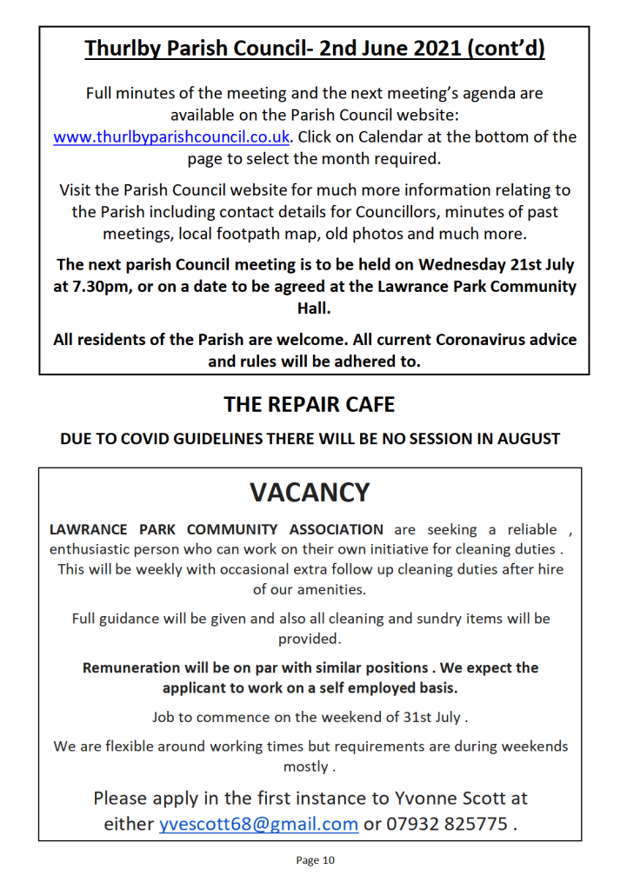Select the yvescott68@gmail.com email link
258,824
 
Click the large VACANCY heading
310,493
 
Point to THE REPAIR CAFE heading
310,404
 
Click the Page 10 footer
315,860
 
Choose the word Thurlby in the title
123,49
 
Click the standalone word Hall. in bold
315,308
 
